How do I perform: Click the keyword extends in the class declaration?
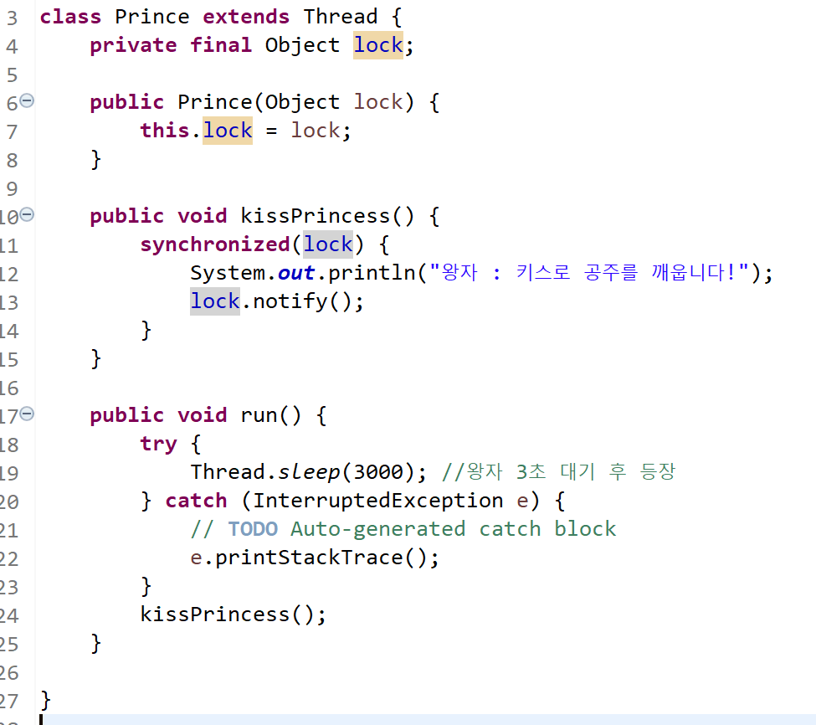246,16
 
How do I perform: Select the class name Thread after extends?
341,16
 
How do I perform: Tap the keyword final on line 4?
221,44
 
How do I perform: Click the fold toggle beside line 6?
27,100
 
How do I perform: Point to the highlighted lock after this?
228,130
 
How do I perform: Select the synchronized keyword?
215,244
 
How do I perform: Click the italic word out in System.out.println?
297,273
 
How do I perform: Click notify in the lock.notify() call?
290,301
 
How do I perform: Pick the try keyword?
158,443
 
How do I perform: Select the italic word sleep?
310,472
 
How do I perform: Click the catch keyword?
196,501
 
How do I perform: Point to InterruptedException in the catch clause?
378,501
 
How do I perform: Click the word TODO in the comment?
254,529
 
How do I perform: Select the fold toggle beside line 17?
27,414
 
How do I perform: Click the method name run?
259,415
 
